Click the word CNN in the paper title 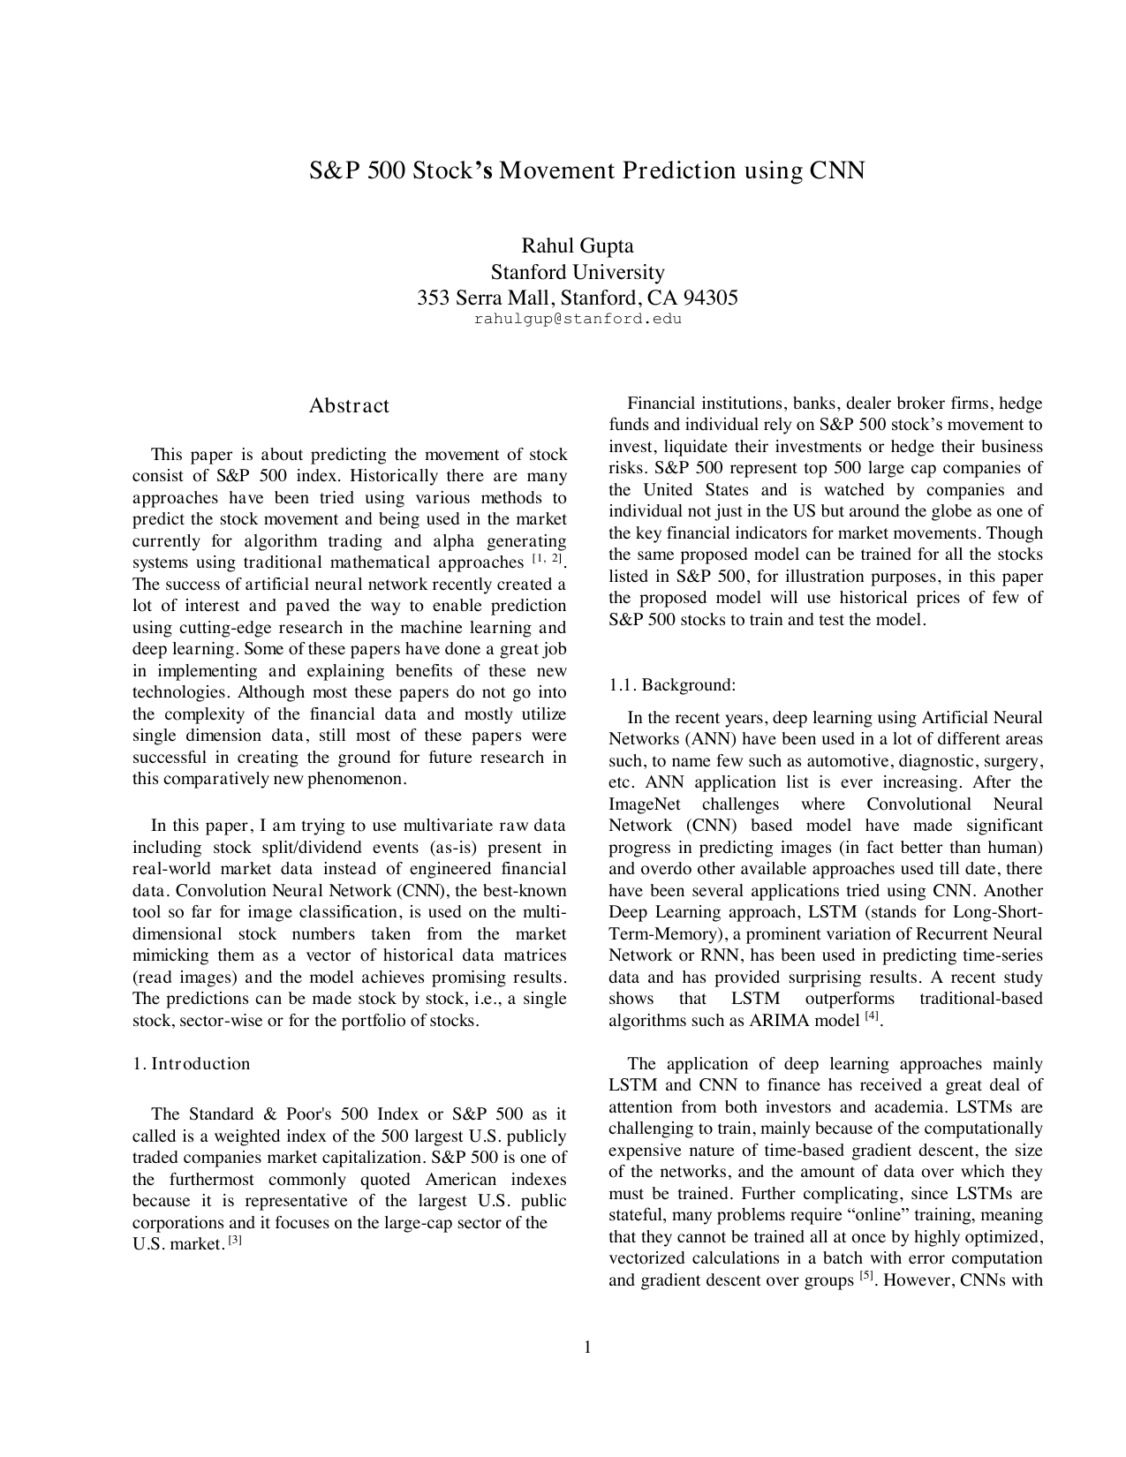click(837, 170)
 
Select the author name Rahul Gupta click(578, 245)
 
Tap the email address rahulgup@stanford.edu click(578, 319)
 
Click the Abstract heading click(349, 406)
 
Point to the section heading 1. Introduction click(192, 1063)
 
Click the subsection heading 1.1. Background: click(672, 684)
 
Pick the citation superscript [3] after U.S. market click(235, 1241)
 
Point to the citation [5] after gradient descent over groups click(867, 1276)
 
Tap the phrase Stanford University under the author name click(578, 272)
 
